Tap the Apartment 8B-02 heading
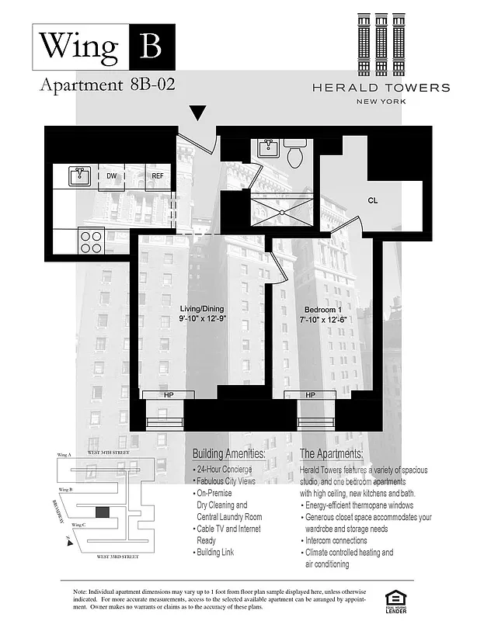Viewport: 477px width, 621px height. point(106,85)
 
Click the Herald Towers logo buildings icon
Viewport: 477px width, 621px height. point(381,43)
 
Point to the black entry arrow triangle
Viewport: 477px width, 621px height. point(198,113)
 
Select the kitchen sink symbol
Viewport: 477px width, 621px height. point(80,176)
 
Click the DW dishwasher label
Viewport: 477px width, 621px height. point(112,176)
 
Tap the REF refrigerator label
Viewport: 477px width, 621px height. point(158,176)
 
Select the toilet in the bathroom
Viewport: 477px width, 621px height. point(295,154)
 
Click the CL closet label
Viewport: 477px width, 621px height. point(373,201)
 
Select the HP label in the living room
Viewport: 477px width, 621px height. point(169,395)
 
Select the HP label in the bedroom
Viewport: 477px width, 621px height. point(310,395)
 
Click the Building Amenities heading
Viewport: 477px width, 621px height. point(228,453)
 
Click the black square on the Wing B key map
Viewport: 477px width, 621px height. point(102,512)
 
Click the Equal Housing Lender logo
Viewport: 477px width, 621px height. point(395,598)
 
